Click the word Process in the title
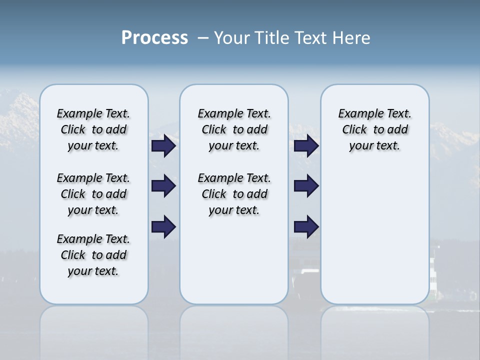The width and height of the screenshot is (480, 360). tap(154, 38)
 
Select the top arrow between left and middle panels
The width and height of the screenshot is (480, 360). tap(163, 146)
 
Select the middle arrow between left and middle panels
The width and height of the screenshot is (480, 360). tap(163, 186)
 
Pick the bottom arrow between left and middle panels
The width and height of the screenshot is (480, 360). tap(163, 227)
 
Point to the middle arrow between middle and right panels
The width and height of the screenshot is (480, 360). tap(306, 186)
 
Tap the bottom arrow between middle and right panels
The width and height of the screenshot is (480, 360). tap(306, 227)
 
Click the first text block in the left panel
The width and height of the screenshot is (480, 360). tap(93, 129)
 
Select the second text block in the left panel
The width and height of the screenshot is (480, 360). tap(93, 194)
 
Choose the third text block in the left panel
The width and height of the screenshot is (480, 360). tap(93, 255)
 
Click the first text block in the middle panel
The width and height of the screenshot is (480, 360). tap(234, 129)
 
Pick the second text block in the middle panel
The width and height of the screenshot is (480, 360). tap(234, 194)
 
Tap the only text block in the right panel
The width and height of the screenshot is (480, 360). tap(374, 129)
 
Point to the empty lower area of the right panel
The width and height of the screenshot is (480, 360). tap(374, 235)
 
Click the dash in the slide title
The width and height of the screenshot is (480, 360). tap(203, 38)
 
